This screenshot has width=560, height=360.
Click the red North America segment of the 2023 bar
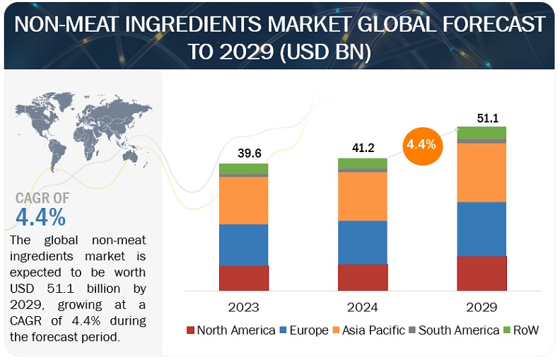click(243, 278)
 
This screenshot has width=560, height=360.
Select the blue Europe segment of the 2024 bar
click(363, 242)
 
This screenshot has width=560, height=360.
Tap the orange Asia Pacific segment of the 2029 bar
click(482, 173)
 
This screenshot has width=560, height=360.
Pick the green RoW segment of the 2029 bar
click(482, 132)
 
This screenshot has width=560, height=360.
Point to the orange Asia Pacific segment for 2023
click(243, 200)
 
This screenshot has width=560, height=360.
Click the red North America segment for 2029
click(482, 273)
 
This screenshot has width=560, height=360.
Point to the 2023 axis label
click(243, 307)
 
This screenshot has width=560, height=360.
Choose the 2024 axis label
click(363, 307)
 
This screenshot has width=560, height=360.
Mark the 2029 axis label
click(482, 307)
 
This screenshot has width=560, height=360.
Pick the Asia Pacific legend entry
click(370, 330)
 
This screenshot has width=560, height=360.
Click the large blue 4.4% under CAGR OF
click(41, 215)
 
